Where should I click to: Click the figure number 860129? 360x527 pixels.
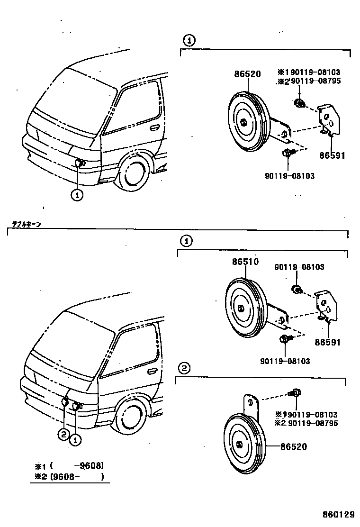tap(338, 514)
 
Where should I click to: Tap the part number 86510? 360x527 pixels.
tap(245, 262)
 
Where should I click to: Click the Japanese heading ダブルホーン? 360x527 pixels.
tap(27, 224)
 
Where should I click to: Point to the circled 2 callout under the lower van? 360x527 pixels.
tap(64, 434)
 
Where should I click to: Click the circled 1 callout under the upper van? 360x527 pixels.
tap(78, 193)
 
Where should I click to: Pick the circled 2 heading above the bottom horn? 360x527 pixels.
tap(184, 368)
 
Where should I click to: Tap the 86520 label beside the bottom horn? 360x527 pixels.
tap(293, 446)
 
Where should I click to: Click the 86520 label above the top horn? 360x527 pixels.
tap(247, 74)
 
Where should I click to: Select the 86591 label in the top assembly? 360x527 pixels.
tap(332, 155)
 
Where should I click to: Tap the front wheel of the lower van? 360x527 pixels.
tap(130, 414)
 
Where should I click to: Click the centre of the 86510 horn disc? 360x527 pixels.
tap(241, 309)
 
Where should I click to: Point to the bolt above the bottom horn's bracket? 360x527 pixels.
tap(294, 392)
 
